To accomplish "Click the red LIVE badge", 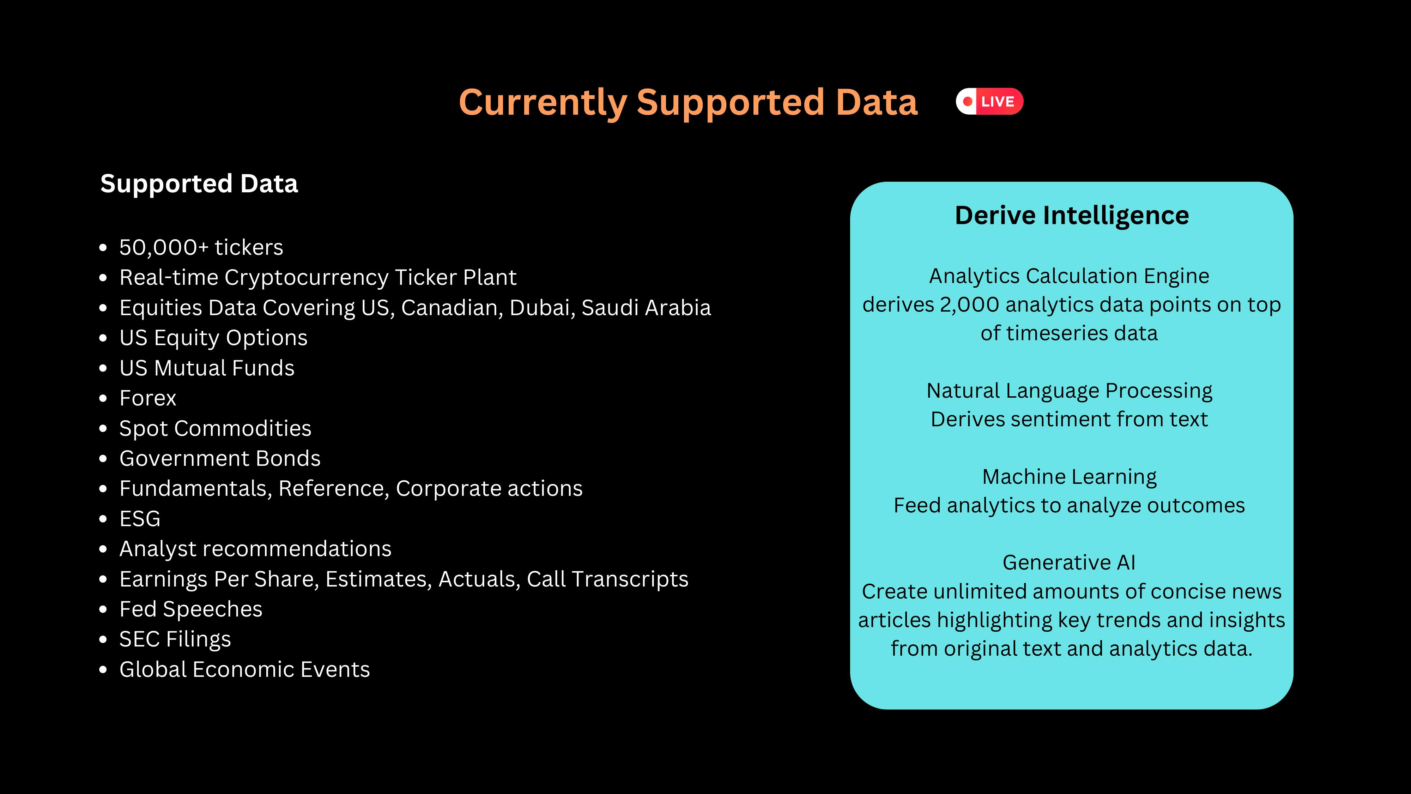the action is pos(989,101).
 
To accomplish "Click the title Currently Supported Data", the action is pos(688,102).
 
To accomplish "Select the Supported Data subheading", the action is pos(199,184).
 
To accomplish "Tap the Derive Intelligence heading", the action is pos(1072,215).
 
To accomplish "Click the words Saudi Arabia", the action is pos(646,307).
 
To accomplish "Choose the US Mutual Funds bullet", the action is pos(207,368).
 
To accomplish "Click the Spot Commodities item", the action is pos(215,428).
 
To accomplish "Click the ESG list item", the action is pos(140,519).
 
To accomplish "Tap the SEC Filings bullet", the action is pos(175,639).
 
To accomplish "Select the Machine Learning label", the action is pos(1069,477).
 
